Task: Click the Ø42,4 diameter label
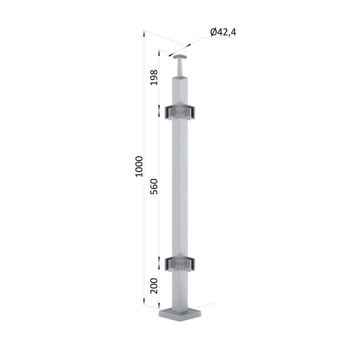[223, 32]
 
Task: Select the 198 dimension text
[154, 77]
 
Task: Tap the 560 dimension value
[154, 186]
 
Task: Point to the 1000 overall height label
[139, 166]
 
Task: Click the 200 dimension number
[154, 286]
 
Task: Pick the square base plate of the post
[180, 315]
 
